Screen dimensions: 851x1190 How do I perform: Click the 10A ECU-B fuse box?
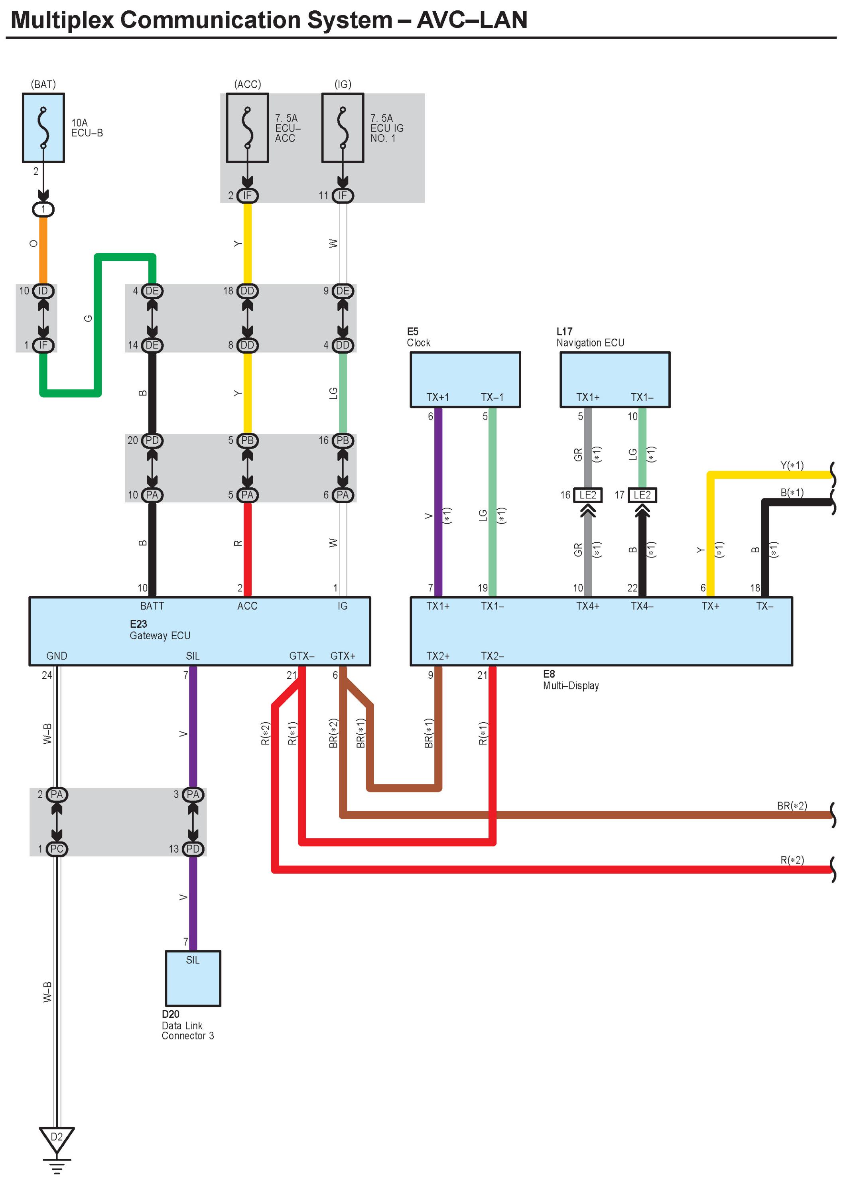[x=43, y=128]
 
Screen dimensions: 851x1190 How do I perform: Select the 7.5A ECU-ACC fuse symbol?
[x=247, y=128]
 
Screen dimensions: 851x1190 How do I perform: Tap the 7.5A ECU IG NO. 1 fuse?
[x=343, y=128]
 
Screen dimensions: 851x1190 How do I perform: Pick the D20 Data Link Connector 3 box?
[x=193, y=978]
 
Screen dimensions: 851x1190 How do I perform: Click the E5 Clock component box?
[x=465, y=379]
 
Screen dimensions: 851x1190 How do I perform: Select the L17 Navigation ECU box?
[x=615, y=379]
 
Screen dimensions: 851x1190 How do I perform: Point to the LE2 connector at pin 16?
[x=588, y=495]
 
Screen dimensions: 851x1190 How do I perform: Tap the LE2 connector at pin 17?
[x=642, y=495]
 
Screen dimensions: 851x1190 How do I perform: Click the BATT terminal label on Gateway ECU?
[x=152, y=606]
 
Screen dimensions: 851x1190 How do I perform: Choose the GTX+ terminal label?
[x=343, y=656]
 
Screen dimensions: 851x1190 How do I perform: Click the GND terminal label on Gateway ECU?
[x=57, y=656]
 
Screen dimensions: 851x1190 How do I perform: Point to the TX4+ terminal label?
[x=588, y=606]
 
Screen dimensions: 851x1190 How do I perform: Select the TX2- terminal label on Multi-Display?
[x=492, y=656]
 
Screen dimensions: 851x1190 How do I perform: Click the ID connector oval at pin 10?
[x=43, y=291]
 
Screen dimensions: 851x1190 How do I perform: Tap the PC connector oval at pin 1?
[x=57, y=849]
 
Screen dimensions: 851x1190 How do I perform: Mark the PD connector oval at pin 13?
[x=193, y=849]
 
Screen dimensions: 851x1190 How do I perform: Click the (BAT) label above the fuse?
[x=43, y=85]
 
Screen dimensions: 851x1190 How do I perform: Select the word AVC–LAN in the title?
[x=472, y=20]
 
